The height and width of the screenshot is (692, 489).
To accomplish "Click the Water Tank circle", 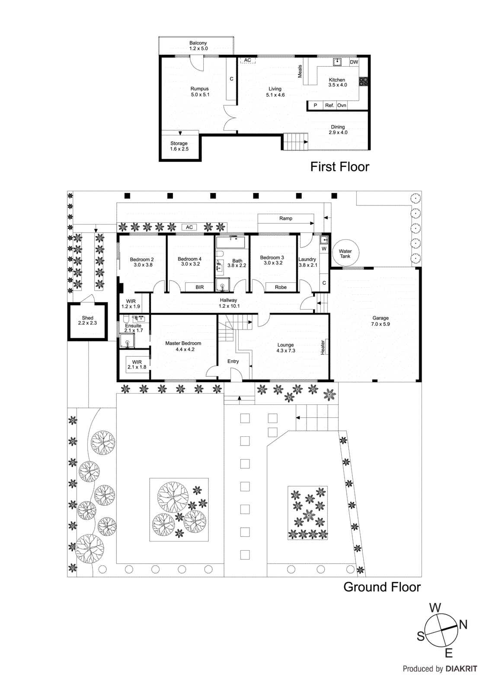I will [345, 253].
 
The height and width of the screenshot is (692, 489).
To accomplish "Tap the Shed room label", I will [87, 318].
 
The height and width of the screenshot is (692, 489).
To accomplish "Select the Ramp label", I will [285, 218].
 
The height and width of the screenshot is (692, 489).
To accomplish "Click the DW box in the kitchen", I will [354, 62].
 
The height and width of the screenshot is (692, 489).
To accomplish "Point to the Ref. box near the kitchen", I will [329, 106].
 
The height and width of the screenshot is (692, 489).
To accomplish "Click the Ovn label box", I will [342, 106].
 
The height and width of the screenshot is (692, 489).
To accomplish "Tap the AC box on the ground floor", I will [189, 227].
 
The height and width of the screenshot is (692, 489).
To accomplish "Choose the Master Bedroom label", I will [183, 343].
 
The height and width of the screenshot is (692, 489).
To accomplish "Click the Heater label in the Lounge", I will [323, 347].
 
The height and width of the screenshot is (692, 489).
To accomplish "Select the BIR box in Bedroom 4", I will [199, 287].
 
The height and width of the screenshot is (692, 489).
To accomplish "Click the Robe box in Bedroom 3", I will [281, 287].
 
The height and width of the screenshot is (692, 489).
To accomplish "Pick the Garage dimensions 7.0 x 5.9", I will [380, 324].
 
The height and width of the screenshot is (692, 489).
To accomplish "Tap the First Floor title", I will [340, 167].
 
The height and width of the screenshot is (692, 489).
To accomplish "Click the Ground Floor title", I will [382, 587].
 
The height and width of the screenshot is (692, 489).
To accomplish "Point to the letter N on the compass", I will [463, 625].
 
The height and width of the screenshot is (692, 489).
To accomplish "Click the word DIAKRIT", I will [461, 669].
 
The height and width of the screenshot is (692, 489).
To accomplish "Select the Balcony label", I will [198, 43].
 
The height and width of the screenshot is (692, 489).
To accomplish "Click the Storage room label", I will [179, 143].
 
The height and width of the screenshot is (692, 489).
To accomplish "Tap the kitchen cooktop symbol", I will [363, 81].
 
